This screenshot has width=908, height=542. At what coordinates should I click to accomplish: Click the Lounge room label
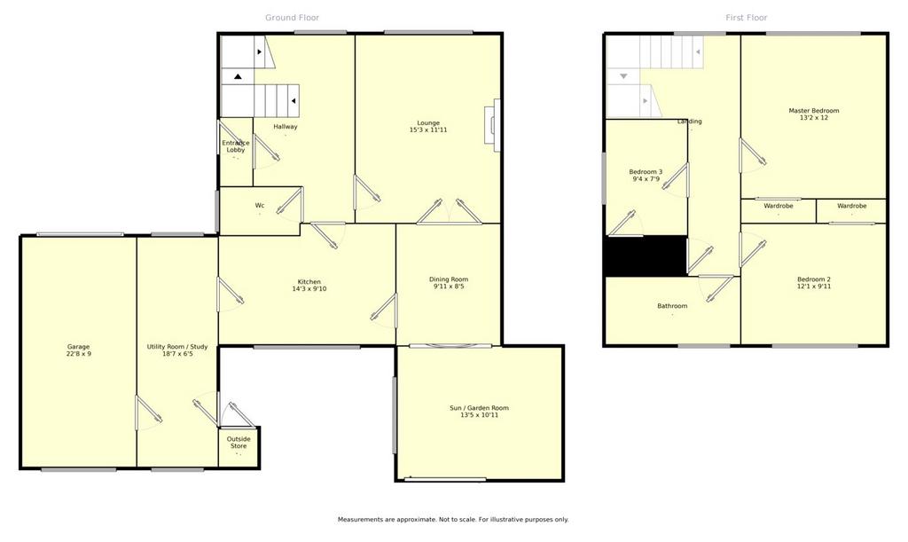point(428,122)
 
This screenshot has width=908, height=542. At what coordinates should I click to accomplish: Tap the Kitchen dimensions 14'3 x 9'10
point(309,288)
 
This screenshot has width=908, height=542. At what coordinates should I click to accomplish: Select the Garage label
point(78,347)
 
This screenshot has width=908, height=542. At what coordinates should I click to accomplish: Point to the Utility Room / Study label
point(177,347)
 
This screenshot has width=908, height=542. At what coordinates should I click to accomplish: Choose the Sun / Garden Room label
point(480,408)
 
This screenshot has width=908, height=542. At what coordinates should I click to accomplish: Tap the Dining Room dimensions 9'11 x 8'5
point(448,286)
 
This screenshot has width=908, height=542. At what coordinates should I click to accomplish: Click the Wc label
point(260,206)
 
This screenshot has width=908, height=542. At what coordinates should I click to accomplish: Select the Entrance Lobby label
point(236,145)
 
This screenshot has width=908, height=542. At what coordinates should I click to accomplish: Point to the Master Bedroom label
point(814,111)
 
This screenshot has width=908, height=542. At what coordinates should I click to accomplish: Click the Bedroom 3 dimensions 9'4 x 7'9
point(646,179)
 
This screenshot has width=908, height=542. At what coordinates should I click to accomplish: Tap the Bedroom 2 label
point(814,279)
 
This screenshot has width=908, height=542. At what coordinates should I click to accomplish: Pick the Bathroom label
point(672,306)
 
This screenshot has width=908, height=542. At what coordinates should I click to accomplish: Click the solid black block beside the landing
point(646,256)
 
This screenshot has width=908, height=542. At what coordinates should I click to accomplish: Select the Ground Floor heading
point(292,18)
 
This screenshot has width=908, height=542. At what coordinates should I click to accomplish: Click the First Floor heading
point(747,18)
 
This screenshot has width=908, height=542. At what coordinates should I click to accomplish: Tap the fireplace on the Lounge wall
point(494,125)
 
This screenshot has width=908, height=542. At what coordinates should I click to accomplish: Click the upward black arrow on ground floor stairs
point(238,76)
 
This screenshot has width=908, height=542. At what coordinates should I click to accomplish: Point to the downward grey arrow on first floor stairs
point(623,76)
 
